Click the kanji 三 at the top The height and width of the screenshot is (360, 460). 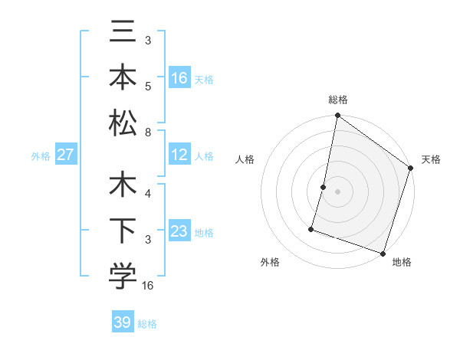point(123,34)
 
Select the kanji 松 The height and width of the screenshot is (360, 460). point(123,123)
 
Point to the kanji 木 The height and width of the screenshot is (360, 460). point(123,187)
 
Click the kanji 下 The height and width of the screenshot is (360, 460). point(123,232)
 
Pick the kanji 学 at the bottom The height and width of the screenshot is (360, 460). point(123,277)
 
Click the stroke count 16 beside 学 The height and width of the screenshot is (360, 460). point(149,286)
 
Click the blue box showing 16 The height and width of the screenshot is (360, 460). point(179,78)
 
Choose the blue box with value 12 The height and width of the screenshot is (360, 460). point(179,155)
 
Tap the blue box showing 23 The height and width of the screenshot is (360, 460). point(179,231)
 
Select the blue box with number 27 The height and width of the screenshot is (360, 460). point(66,155)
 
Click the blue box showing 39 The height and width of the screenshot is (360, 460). point(123,322)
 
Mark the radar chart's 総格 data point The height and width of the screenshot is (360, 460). point(337,116)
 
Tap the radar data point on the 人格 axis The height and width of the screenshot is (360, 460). point(324,187)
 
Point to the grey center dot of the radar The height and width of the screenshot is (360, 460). point(337,191)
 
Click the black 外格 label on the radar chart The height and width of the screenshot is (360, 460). point(270,262)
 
